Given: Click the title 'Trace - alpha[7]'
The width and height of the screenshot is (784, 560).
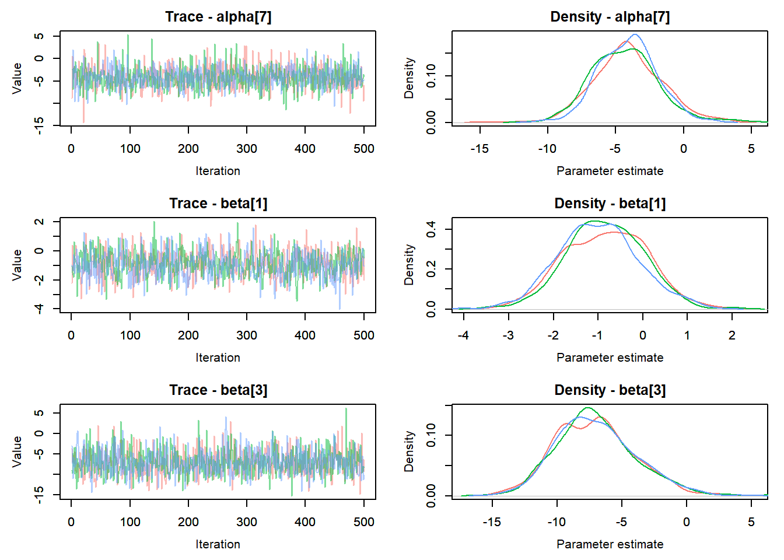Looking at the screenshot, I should [218, 17].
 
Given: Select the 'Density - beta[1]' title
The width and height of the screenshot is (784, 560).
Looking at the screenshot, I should [610, 204].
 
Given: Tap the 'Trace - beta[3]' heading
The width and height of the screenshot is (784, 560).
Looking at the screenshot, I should [218, 390].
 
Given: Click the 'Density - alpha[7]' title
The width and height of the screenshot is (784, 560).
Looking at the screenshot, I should [610, 17].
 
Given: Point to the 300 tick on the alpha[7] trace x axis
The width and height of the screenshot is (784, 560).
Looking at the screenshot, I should [247, 149].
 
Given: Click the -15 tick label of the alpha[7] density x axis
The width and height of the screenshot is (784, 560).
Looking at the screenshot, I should [480, 149].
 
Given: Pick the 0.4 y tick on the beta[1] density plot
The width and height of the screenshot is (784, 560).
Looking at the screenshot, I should [431, 229].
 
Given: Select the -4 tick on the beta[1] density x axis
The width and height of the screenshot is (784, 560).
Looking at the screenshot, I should [463, 335].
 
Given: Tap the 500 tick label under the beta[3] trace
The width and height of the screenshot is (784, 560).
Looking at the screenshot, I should [363, 522].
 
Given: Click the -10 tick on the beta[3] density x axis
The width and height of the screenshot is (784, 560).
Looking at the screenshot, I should [556, 522].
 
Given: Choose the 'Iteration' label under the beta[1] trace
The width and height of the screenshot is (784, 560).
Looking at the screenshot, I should [218, 358].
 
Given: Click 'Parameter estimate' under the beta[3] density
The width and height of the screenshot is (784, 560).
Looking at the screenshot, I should [610, 544].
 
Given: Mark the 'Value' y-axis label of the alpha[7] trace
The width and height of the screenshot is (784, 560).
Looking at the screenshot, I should [17, 78].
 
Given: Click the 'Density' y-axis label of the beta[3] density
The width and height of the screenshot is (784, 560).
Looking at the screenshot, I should [409, 452].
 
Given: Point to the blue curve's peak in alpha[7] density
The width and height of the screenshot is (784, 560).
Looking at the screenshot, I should [634, 34].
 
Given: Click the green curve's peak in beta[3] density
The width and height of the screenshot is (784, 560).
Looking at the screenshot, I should [587, 408].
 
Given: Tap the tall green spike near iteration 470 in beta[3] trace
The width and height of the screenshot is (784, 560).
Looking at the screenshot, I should [346, 409].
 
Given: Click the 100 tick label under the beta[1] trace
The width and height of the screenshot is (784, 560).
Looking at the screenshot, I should [130, 335].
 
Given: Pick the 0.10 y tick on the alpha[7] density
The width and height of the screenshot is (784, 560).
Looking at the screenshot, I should [431, 76].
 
